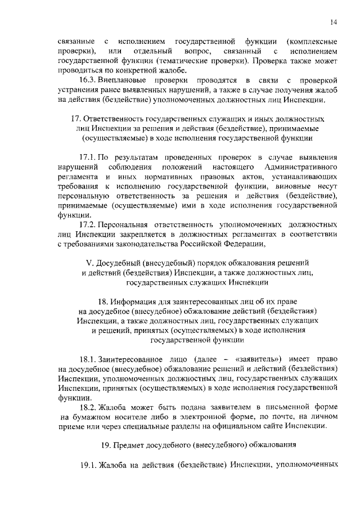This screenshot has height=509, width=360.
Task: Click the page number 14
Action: point(334,22)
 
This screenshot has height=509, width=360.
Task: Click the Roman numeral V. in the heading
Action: point(88,263)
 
